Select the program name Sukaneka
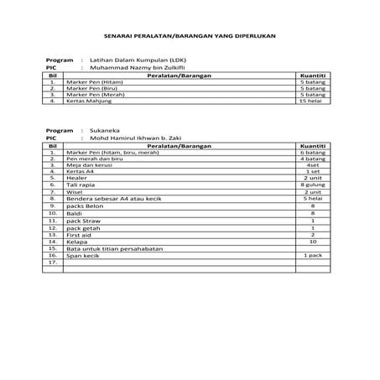(x=107, y=132)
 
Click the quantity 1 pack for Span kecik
(x=311, y=254)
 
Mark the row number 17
(x=53, y=261)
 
